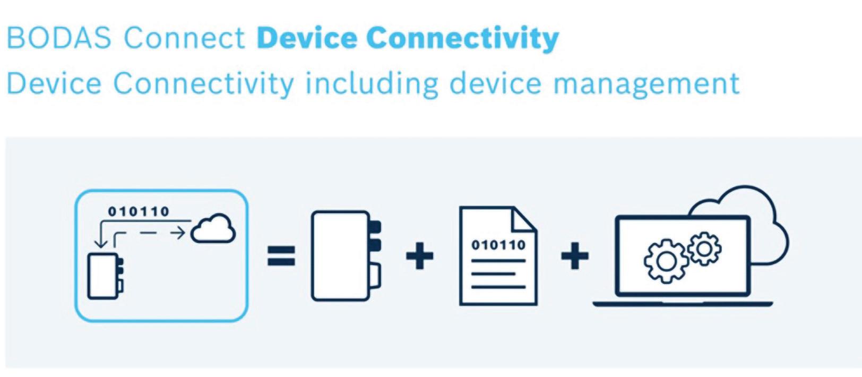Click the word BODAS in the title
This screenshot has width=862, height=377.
click(x=59, y=38)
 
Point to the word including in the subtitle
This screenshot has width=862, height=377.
click(x=372, y=84)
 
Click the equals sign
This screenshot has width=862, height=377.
click(x=281, y=256)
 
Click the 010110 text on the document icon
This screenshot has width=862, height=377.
click(x=498, y=245)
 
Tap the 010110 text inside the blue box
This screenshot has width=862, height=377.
click(x=139, y=211)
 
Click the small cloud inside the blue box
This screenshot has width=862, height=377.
click(x=213, y=229)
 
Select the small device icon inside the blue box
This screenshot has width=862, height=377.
click(x=105, y=276)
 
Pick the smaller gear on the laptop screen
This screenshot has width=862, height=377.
click(x=704, y=248)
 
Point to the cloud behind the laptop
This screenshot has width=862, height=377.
click(x=764, y=223)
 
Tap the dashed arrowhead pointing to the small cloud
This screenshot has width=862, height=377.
click(x=180, y=233)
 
